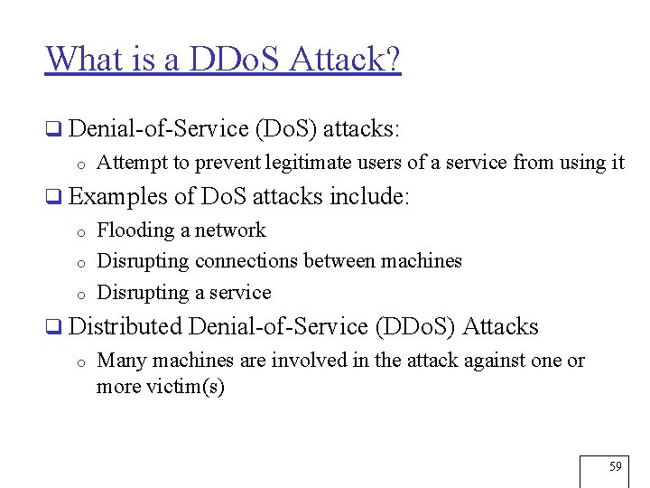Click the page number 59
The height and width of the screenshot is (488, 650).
coord(616,466)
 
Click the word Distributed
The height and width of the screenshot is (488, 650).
coord(125,326)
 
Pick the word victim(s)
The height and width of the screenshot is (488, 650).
coord(187,387)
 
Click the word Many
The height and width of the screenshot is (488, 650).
coord(122,361)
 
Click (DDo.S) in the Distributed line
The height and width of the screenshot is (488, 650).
coord(419,326)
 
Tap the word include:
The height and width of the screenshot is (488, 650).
coord(370,196)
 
